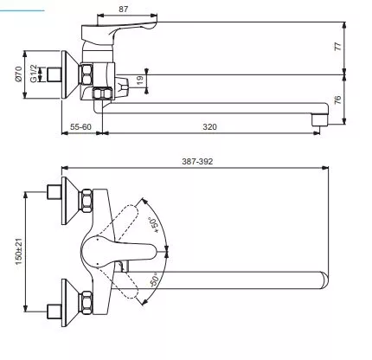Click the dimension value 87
[123, 10]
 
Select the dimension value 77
[337, 46]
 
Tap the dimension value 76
[337, 100]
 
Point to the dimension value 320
[209, 127]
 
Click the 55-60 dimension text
[80, 127]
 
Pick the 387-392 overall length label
[197, 162]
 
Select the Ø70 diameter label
[18, 74]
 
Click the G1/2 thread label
[34, 74]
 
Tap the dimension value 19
[140, 80]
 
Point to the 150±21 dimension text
[18, 252]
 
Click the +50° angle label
[153, 225]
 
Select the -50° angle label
[155, 279]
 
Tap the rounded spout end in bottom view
[324, 280]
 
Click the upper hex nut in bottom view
[86, 201]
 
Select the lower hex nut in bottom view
[86, 303]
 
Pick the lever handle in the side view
[119, 33]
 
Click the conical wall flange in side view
[70, 74]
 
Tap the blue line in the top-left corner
[22, 11]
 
